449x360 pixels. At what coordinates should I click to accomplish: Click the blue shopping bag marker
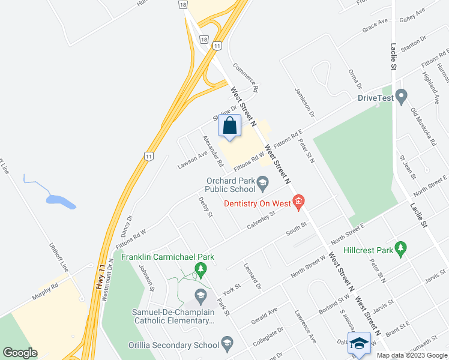click(x=230, y=126)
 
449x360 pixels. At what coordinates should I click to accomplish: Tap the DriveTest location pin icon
click(x=402, y=96)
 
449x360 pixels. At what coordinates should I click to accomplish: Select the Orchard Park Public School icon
click(x=262, y=182)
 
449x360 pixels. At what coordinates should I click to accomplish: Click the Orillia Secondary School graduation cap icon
click(x=227, y=344)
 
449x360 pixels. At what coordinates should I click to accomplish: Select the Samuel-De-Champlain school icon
click(x=200, y=295)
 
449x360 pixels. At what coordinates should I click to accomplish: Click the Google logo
click(x=20, y=353)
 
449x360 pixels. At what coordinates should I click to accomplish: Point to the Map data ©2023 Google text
click(x=411, y=355)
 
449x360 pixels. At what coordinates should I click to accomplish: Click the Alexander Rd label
click(x=212, y=150)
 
